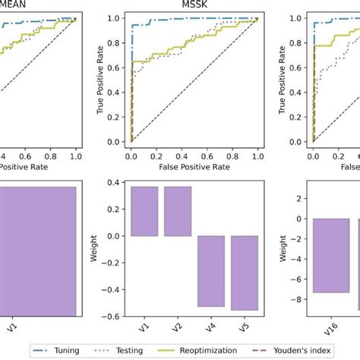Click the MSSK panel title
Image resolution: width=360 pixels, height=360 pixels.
194,5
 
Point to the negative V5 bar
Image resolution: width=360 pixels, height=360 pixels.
244,273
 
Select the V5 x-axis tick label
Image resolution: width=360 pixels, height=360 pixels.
244,328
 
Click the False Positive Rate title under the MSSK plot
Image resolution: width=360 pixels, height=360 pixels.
194,165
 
